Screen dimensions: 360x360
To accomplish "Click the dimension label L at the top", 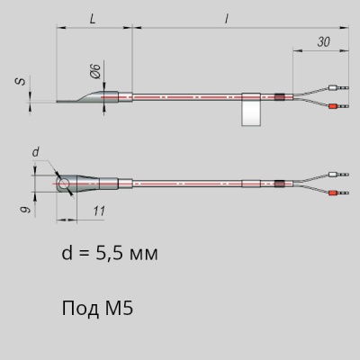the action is click(x=93, y=20).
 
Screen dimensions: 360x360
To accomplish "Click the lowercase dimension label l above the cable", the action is click(x=227, y=19).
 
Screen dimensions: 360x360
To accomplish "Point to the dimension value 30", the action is click(x=324, y=42).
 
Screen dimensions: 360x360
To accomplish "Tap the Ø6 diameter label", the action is click(x=95, y=71).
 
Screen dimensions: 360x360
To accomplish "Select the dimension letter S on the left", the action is click(x=21, y=81).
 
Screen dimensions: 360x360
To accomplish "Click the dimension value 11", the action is click(x=99, y=211).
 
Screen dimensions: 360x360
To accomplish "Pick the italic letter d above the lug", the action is click(x=36, y=152).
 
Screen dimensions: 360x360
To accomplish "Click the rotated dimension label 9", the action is click(x=27, y=209).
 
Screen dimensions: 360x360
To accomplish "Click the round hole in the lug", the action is click(x=64, y=184).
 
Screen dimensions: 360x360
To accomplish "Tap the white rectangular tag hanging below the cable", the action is click(x=251, y=109).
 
